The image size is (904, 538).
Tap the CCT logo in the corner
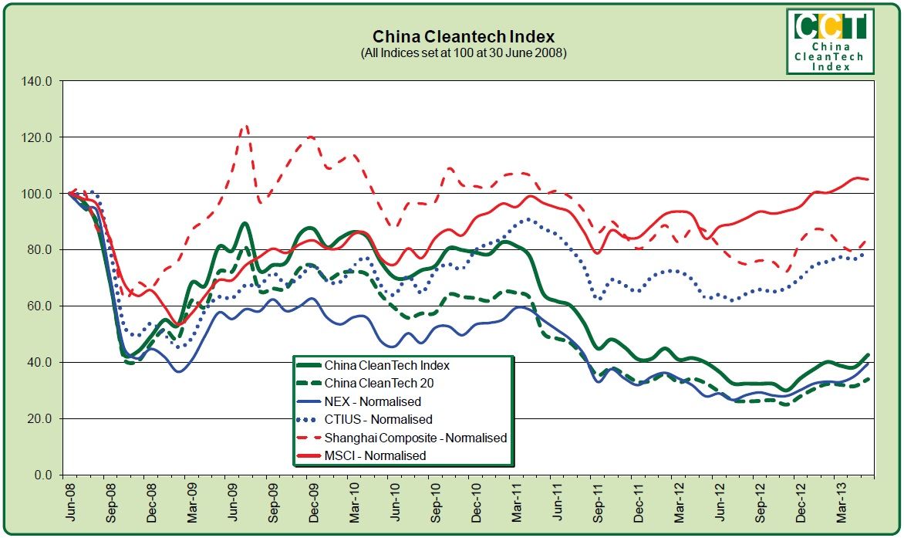coord(830,41)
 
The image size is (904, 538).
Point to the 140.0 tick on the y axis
coord(37,81)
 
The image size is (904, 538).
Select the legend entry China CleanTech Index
coord(386,365)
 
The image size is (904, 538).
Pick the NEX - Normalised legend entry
coord(373,401)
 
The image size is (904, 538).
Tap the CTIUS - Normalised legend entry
coord(378,419)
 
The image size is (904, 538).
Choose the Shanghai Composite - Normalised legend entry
coord(415,438)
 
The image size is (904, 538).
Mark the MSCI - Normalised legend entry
coord(375,455)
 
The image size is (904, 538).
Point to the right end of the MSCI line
coord(869,179)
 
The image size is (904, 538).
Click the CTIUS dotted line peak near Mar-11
coord(527,219)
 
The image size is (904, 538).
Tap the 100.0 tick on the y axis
coord(37,194)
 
